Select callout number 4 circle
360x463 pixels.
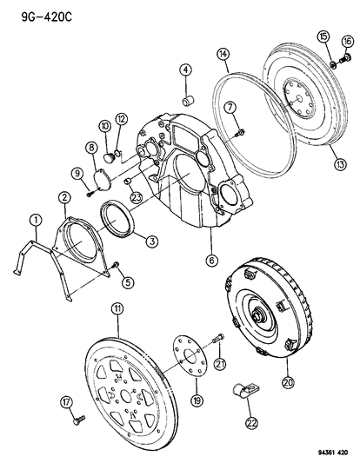tap(185, 71)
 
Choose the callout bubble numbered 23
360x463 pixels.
tap(137, 196)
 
